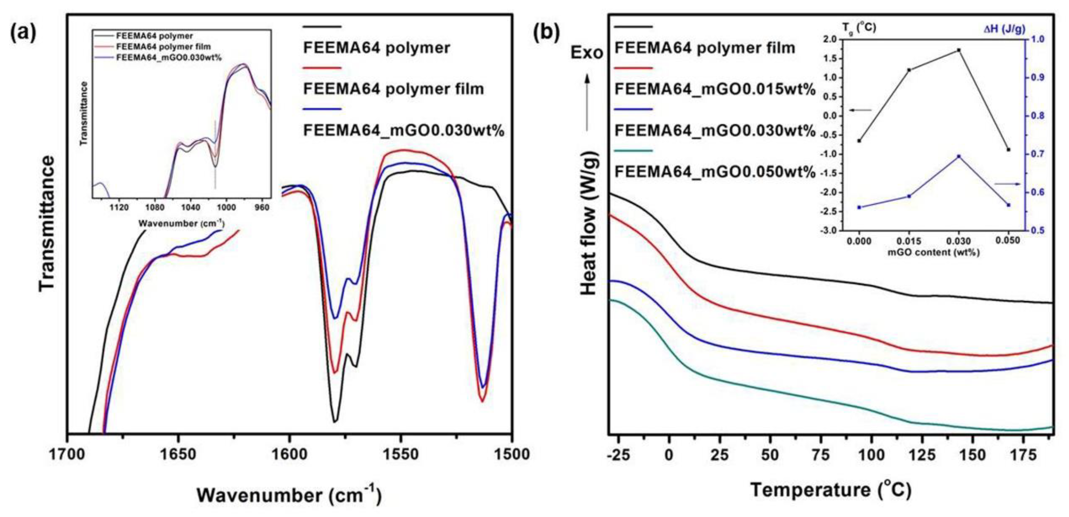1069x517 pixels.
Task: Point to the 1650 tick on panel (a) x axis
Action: (178, 455)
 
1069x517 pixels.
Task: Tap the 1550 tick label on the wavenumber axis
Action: (401, 455)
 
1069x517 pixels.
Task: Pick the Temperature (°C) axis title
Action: (831, 490)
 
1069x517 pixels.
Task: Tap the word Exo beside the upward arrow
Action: (586, 53)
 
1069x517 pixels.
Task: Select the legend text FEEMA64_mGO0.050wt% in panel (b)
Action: (715, 172)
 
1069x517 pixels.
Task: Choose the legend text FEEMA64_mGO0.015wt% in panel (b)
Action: (715, 89)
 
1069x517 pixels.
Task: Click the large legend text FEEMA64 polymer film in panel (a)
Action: (393, 89)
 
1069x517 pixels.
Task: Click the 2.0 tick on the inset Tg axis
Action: (828, 40)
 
